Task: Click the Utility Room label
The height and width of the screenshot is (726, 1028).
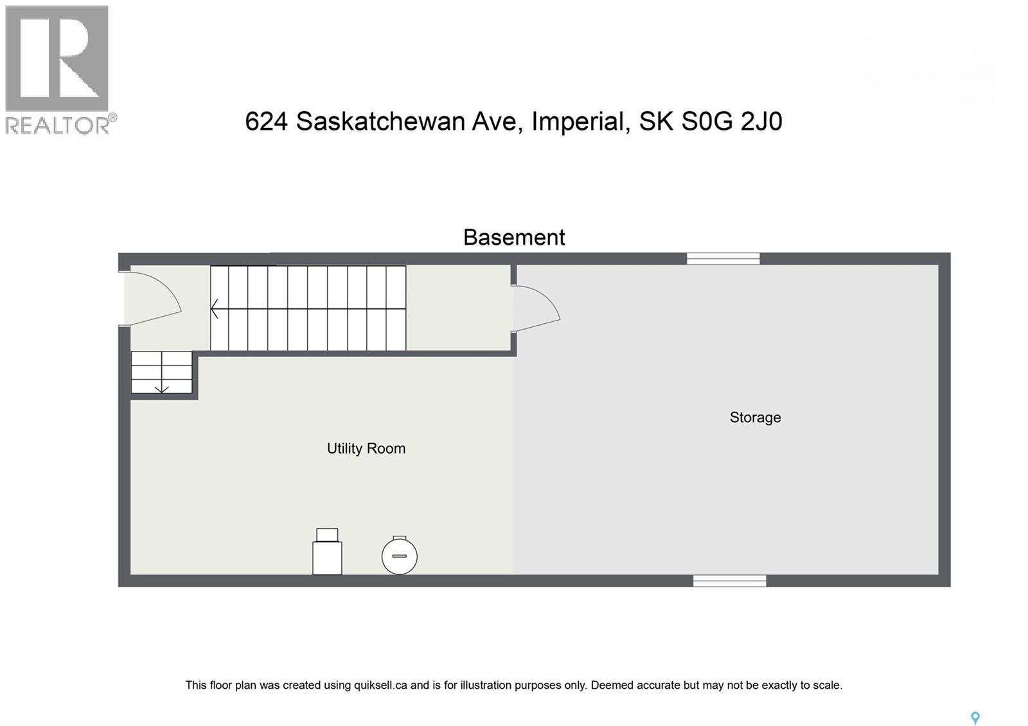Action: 366,448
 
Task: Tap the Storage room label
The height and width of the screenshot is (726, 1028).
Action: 755,418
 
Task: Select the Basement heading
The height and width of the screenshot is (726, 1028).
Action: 514,238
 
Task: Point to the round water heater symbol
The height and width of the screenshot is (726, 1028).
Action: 399,556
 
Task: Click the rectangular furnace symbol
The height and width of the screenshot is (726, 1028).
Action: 327,554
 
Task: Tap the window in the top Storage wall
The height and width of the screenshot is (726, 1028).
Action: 723,258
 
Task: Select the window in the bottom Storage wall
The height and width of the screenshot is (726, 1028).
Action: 729,581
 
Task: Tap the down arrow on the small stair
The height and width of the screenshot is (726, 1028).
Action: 161,388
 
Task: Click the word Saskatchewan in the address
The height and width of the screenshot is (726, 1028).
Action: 406,121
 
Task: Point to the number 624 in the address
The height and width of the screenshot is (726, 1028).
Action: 266,121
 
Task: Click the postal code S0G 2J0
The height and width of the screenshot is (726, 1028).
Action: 731,121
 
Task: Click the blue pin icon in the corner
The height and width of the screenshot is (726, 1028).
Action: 975,718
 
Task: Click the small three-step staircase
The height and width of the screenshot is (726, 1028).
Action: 161,372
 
